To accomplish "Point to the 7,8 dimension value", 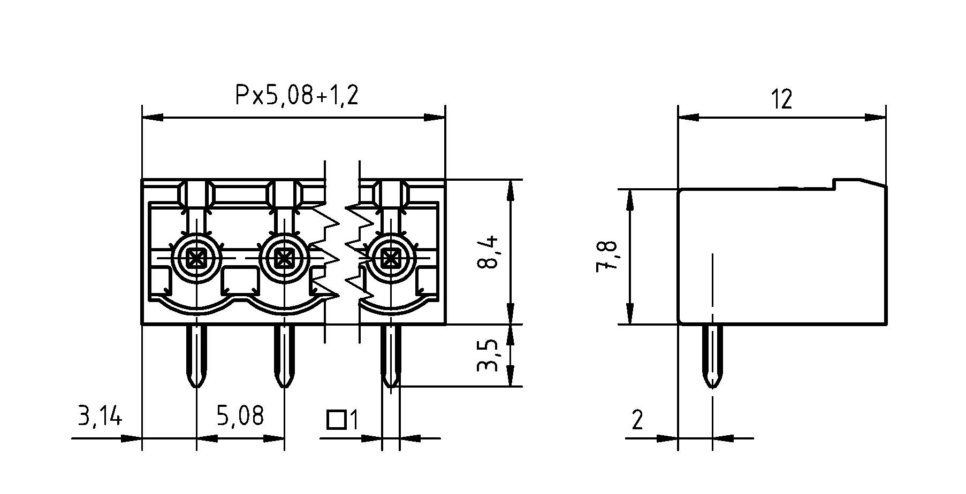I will click(607, 257).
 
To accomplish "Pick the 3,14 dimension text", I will click(100, 416).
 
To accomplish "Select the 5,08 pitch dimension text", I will click(240, 416).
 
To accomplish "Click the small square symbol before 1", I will click(336, 420).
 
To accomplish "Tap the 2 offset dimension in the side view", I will click(637, 420).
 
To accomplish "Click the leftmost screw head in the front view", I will click(197, 259).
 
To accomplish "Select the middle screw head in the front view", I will click(284, 259).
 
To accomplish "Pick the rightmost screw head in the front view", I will click(391, 259).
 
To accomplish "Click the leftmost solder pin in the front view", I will click(196, 356).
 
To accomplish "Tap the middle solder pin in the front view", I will click(284, 356).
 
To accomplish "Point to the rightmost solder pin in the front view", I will click(391, 356).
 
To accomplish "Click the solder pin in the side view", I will click(712, 356).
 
